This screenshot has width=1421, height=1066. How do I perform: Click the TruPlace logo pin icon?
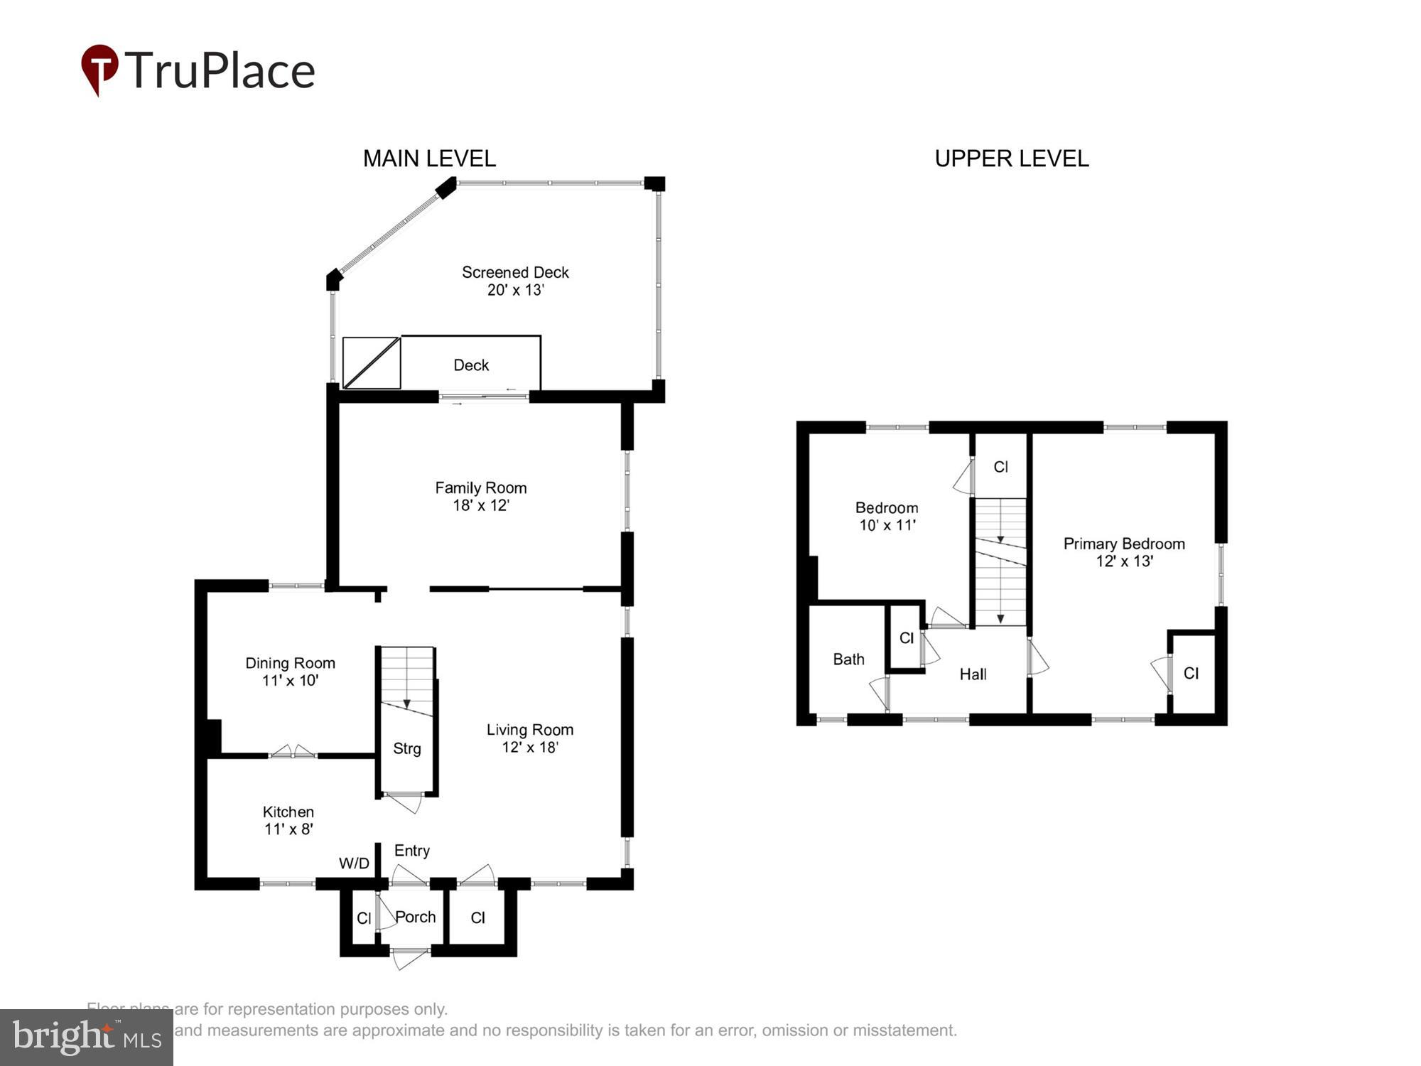[x=99, y=69]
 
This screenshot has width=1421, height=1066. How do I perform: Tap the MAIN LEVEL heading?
[x=429, y=158]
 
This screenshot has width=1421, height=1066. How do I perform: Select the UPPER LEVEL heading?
[x=1011, y=158]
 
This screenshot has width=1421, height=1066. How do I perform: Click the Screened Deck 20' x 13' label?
[x=515, y=281]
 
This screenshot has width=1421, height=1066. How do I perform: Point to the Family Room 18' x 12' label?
[x=480, y=496]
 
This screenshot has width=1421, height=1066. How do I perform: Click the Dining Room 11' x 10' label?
[x=290, y=672]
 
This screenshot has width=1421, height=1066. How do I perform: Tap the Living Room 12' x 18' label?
[x=529, y=738]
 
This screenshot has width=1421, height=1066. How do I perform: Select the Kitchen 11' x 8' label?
[x=288, y=820]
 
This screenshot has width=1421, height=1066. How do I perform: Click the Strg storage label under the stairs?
[x=406, y=748]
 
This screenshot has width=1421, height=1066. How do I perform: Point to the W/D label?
[x=354, y=863]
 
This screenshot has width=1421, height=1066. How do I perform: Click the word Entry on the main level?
[x=412, y=851]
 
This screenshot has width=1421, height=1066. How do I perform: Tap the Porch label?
[x=416, y=917]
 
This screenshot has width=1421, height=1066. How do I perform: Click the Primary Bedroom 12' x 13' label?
[x=1123, y=552]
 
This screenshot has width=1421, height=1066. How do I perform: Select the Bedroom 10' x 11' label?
[x=887, y=516]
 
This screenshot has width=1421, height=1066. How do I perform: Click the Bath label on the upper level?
[x=848, y=659]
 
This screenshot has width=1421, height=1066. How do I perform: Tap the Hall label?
[x=973, y=674]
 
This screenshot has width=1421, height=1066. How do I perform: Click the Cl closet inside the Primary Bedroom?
[x=1191, y=673]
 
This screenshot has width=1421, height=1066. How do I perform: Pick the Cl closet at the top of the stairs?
[x=1000, y=467]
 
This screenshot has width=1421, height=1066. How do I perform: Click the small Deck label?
[x=471, y=365]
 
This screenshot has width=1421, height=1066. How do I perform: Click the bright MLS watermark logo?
[x=87, y=1038]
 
